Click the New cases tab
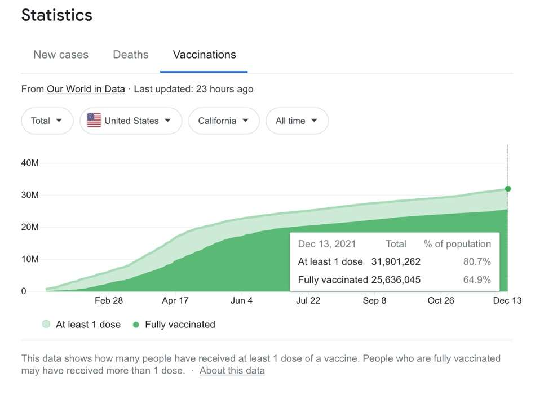61,55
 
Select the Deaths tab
130,55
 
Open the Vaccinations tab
204,55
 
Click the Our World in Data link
86,89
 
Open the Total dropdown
47,121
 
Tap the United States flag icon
94,121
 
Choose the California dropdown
224,121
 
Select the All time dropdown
297,121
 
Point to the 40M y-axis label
30,163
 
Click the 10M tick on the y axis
30,259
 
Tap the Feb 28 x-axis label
109,300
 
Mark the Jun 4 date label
241,300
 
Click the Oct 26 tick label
441,300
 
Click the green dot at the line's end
508,189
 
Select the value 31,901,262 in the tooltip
396,261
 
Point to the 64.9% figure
477,279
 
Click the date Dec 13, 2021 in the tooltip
327,244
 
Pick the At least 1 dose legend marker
46,324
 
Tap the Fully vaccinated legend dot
136,325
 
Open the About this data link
232,370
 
